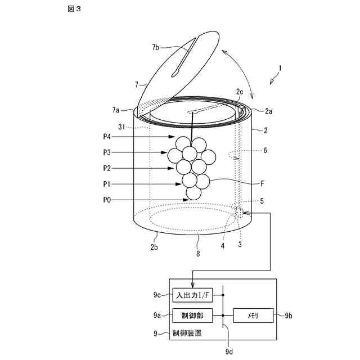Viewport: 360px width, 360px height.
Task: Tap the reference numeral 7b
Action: click(x=156, y=48)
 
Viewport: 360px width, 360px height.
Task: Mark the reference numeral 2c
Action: click(x=239, y=92)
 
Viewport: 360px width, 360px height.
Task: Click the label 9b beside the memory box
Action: click(x=289, y=316)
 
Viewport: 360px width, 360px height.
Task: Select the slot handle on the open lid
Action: click(x=185, y=56)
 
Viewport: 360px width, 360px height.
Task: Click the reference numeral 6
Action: click(x=264, y=150)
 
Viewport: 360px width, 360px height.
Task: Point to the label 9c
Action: click(x=158, y=295)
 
